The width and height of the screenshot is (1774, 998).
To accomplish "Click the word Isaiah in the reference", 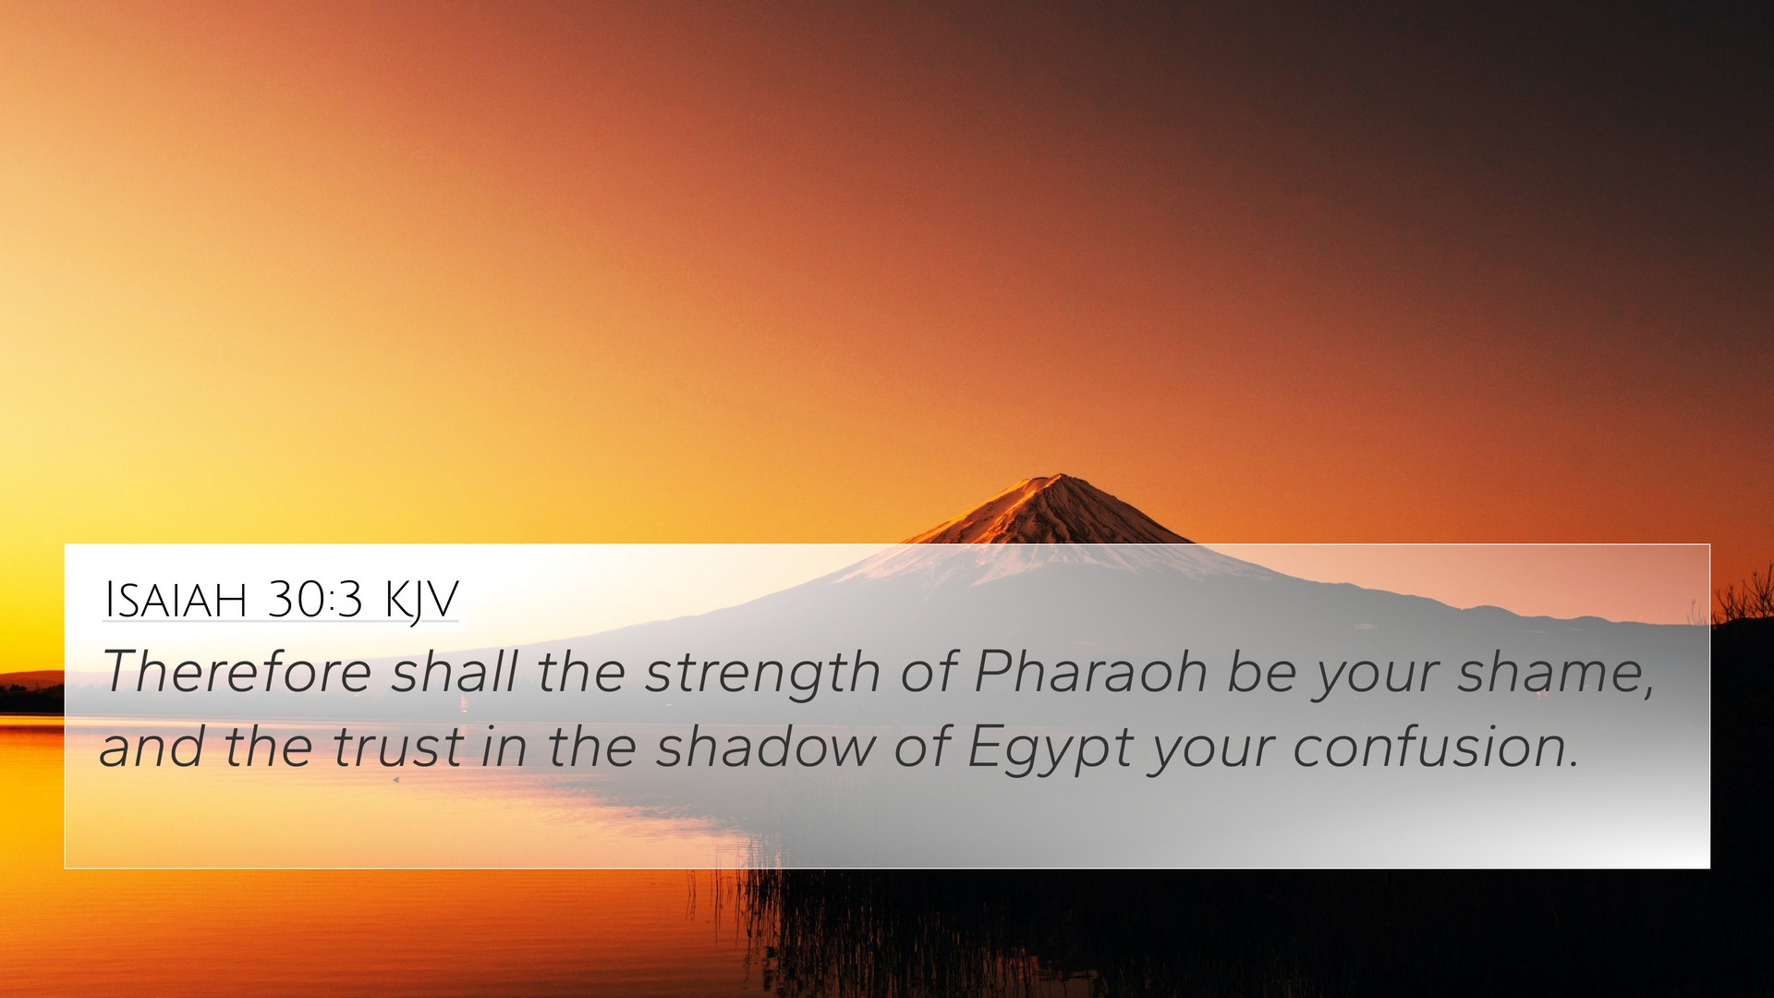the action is pyautogui.click(x=176, y=600).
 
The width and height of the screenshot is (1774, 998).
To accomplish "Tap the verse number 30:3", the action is pyautogui.click(x=315, y=600).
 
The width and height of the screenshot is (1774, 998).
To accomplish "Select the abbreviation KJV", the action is pyautogui.click(x=421, y=602).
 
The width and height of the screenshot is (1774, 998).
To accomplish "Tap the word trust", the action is pyautogui.click(x=398, y=747).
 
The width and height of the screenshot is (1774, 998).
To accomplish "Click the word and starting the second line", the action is pyautogui.click(x=152, y=746).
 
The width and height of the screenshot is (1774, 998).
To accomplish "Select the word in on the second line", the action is pyautogui.click(x=504, y=746).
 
